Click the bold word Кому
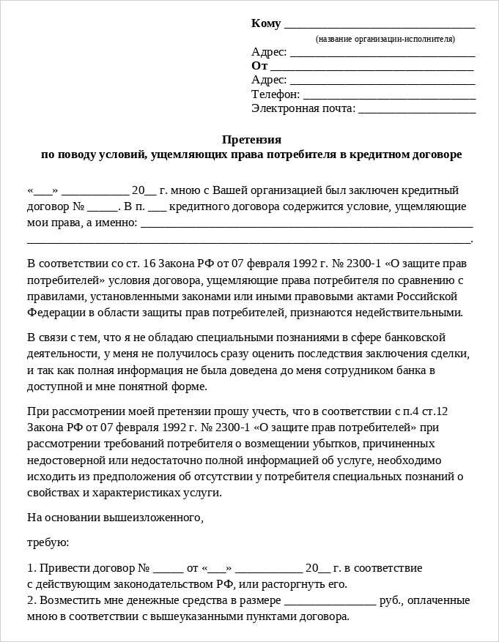coord(266,23)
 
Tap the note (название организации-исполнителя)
coord(385,39)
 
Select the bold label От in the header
coord(259,66)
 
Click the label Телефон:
coord(276,94)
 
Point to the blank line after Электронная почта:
coord(417,109)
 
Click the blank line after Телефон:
coord(389,95)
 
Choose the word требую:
coord(48,542)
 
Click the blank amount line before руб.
coord(330,601)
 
